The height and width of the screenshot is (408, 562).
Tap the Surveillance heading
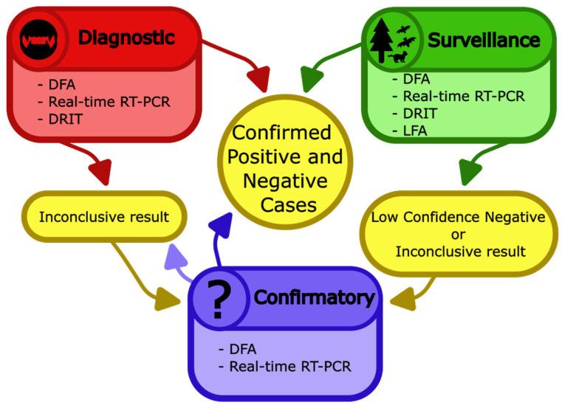(x=484, y=38)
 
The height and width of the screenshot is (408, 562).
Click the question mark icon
(x=218, y=298)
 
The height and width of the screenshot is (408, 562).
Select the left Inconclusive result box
(x=103, y=218)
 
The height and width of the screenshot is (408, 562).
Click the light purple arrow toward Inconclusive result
(x=178, y=258)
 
